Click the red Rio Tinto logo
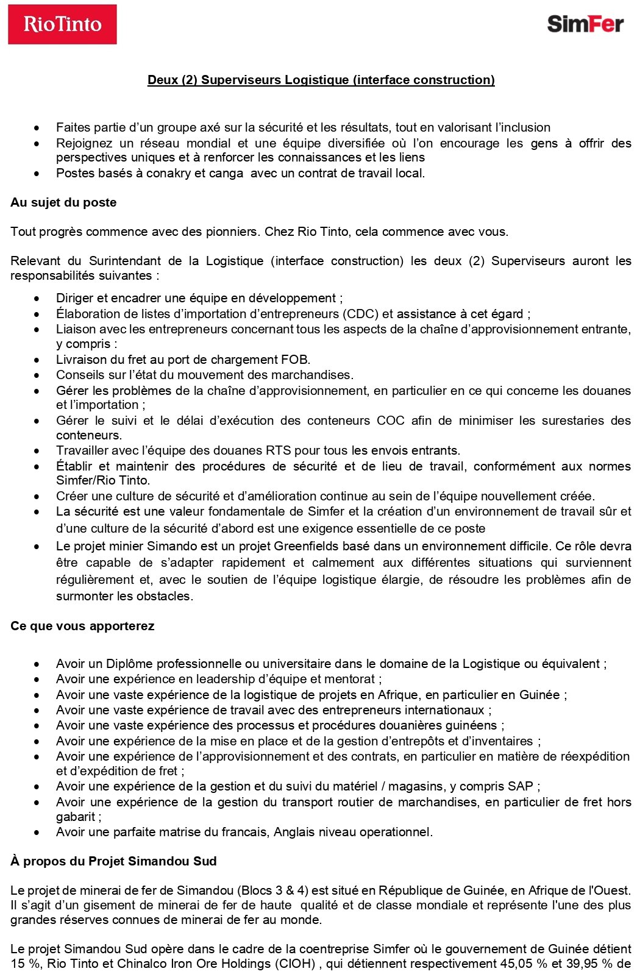62,24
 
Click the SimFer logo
585,24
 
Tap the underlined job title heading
321,80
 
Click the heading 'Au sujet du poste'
63,202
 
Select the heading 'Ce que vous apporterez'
82,626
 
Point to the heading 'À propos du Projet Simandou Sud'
113,861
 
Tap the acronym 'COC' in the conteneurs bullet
390,421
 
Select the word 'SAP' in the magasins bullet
520,786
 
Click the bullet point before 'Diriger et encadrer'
37,299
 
